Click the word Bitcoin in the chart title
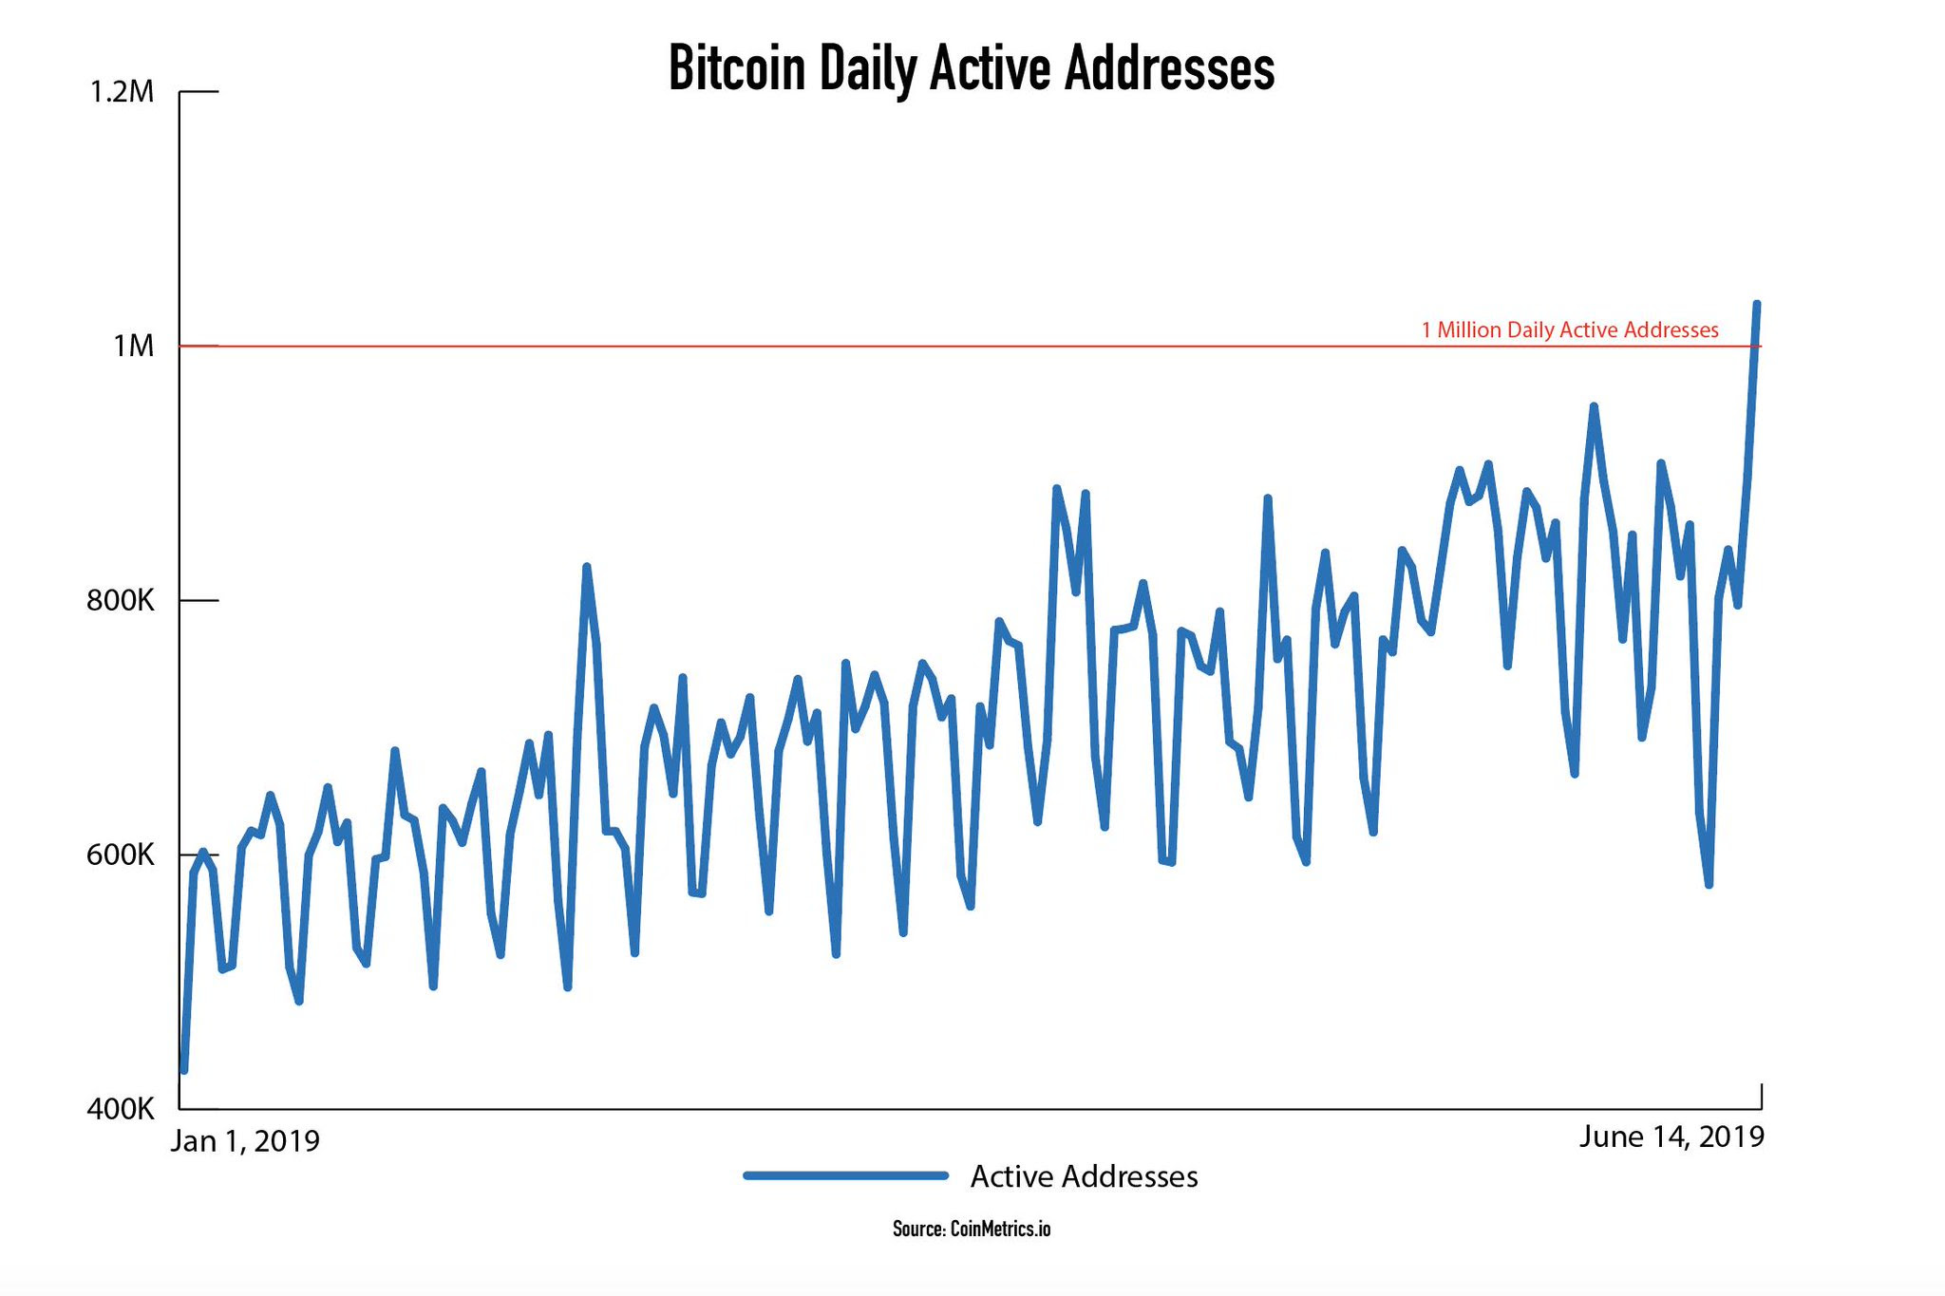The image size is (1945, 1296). pos(737,68)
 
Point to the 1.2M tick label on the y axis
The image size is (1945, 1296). pos(122,92)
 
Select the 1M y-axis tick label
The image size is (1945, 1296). pos(133,347)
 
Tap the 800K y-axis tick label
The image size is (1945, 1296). pos(120,601)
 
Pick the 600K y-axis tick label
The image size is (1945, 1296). pos(120,855)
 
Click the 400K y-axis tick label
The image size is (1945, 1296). pos(120,1109)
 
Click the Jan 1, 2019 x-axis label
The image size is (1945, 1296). pos(245,1140)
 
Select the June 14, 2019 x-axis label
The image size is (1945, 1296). pos(1671,1136)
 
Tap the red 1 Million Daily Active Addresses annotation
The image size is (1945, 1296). pos(1570,330)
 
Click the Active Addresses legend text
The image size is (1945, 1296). pos(1084,1176)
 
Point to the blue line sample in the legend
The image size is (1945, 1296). pos(845,1175)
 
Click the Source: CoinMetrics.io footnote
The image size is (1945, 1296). pos(972,1229)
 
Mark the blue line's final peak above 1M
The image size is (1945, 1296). pos(1757,304)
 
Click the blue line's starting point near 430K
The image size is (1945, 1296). pos(184,1071)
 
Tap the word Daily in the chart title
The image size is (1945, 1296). pos(867,68)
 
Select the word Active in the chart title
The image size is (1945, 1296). pos(990,68)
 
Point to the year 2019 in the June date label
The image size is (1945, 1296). pos(1731,1136)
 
